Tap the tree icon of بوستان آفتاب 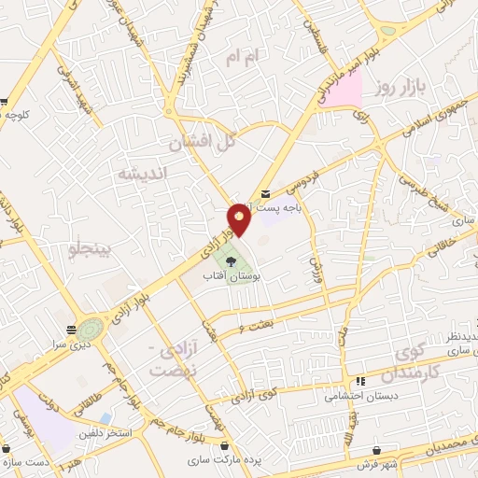(231, 260)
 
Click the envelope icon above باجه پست (266, 192)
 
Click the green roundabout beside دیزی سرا (91, 329)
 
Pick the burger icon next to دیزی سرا (72, 329)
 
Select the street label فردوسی (302, 174)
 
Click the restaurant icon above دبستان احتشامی (360, 381)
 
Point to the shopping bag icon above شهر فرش (376, 449)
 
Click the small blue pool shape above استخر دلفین (106, 417)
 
